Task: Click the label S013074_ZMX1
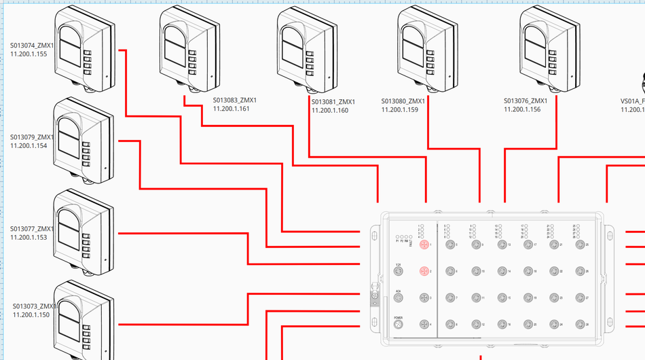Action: click(x=31, y=46)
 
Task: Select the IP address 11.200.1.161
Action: click(x=232, y=109)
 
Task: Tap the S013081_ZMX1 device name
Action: click(x=334, y=102)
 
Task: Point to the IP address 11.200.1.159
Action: click(x=399, y=109)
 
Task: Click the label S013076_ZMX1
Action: click(x=526, y=101)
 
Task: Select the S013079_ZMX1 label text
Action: click(x=31, y=137)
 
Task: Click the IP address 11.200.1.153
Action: click(x=29, y=237)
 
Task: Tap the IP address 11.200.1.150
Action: click(x=31, y=314)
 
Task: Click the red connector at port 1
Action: click(x=424, y=245)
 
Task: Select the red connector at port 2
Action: click(x=424, y=271)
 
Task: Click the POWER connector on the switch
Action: click(x=399, y=325)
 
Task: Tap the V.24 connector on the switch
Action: click(x=399, y=271)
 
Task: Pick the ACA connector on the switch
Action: click(x=399, y=298)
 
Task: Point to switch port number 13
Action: click(x=501, y=245)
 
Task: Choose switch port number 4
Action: click(x=424, y=325)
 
